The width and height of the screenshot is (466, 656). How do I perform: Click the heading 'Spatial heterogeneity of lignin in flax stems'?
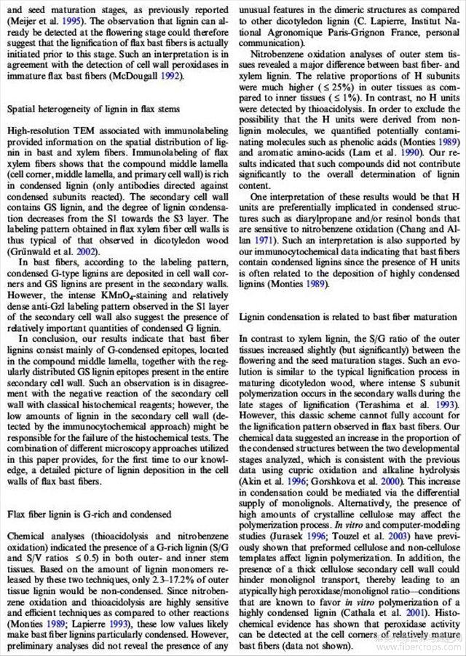coord(92,109)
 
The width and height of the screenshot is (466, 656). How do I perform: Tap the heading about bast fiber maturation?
coord(347,317)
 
